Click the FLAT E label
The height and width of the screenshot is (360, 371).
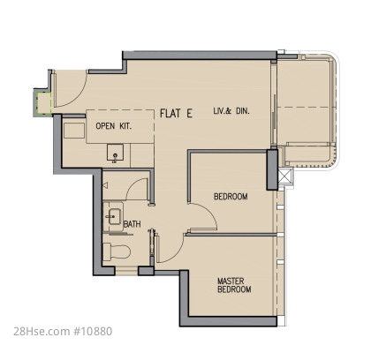[x=176, y=113]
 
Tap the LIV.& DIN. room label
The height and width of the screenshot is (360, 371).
[x=231, y=111]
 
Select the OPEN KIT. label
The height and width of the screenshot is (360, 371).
[x=114, y=126]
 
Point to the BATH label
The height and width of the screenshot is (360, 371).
[x=132, y=224]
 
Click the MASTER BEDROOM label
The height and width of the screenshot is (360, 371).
[x=234, y=285]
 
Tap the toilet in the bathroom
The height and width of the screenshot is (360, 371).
[x=117, y=251]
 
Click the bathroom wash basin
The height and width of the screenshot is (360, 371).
[x=112, y=217]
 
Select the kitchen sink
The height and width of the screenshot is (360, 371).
[x=115, y=153]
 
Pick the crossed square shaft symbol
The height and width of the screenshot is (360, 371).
[x=284, y=177]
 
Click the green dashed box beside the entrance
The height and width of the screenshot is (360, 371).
[x=43, y=103]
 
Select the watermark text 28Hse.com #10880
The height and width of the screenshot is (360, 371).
[x=63, y=331]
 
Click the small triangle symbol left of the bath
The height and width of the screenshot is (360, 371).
[x=105, y=185]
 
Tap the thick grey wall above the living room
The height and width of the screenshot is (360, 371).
[x=200, y=56]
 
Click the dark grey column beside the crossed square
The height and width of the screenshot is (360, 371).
[x=272, y=169]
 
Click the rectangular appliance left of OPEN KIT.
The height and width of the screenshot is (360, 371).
[x=74, y=131]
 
